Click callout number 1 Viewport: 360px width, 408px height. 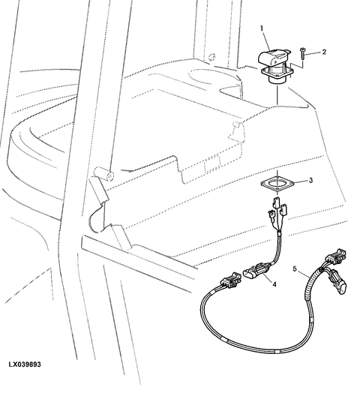262,28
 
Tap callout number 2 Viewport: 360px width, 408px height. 324,52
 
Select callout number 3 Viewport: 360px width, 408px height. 310,180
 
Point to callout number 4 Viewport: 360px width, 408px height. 274,284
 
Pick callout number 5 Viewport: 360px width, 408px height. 295,268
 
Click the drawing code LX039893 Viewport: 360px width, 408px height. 25,364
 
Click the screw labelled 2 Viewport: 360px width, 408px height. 302,54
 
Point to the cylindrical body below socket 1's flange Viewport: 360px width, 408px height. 277,80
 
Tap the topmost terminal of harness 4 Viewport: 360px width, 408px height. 276,203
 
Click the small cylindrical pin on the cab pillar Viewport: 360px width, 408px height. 103,173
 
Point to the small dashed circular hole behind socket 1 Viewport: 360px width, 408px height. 212,56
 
